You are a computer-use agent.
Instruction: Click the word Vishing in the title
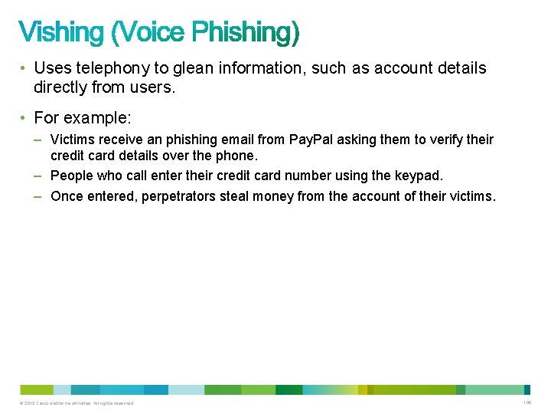tap(61, 32)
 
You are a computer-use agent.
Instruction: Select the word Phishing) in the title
tap(246, 33)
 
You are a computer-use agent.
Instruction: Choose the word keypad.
tap(419, 176)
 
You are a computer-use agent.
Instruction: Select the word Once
tap(67, 196)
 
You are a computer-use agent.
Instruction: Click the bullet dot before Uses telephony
tap(24, 68)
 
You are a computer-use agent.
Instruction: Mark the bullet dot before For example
tap(24, 120)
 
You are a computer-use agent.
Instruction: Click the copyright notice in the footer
tap(78, 403)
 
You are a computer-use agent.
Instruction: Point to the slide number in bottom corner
tap(527, 403)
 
